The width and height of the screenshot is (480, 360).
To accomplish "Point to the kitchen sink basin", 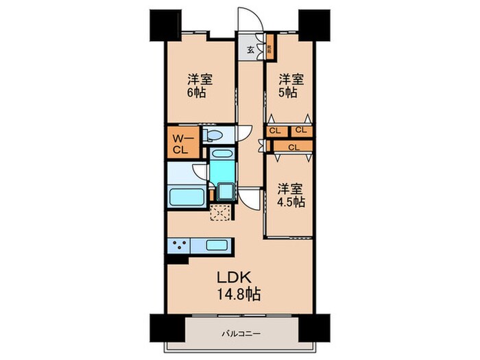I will [x=217, y=245].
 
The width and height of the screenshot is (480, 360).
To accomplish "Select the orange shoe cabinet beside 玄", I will [x=271, y=50].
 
